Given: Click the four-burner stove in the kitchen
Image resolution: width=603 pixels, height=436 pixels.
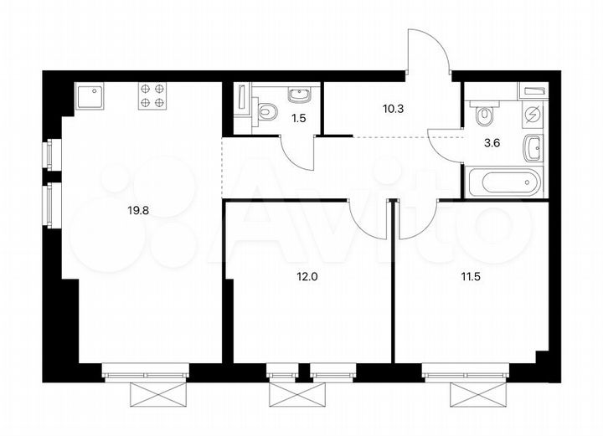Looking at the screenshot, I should (x=152, y=95).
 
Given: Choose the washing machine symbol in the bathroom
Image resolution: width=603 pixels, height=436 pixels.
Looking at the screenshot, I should (x=533, y=115).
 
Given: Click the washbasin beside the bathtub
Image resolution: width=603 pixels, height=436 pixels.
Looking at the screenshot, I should (x=533, y=149).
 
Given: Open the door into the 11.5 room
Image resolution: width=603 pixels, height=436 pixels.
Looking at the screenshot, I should (x=416, y=219).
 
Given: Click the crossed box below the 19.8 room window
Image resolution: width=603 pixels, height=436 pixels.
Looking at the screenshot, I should (x=147, y=393).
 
